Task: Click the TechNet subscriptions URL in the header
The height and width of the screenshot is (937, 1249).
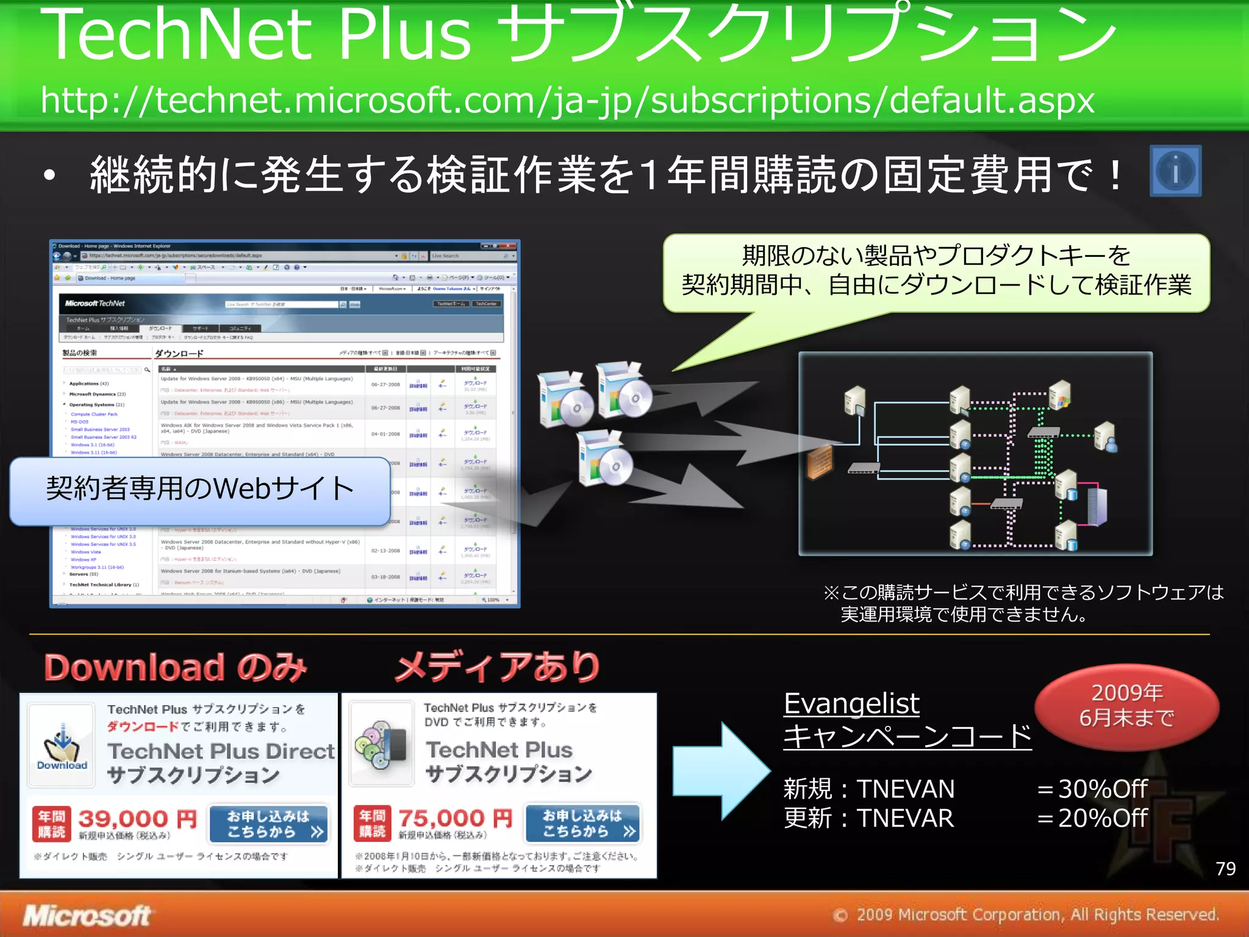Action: (567, 101)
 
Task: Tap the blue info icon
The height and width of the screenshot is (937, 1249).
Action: (1175, 171)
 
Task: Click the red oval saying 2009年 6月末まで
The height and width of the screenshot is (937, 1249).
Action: (1126, 706)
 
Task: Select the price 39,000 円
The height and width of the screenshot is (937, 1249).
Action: (138, 819)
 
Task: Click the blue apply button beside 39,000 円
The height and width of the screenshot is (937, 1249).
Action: (268, 824)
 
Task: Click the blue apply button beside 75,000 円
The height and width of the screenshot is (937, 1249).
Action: (583, 823)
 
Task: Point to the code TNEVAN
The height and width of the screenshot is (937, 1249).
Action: (906, 789)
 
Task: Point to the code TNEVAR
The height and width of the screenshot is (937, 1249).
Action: (905, 818)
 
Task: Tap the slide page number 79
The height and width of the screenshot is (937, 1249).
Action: (1225, 868)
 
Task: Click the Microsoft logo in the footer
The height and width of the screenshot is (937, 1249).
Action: (87, 915)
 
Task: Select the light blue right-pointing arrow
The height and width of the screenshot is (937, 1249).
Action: (720, 771)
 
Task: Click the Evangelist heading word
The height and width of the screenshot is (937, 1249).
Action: (851, 703)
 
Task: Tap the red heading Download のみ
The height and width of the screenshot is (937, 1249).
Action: (176, 667)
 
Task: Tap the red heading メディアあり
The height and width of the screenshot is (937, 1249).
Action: (498, 667)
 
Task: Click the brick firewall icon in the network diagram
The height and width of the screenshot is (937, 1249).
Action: (819, 462)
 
